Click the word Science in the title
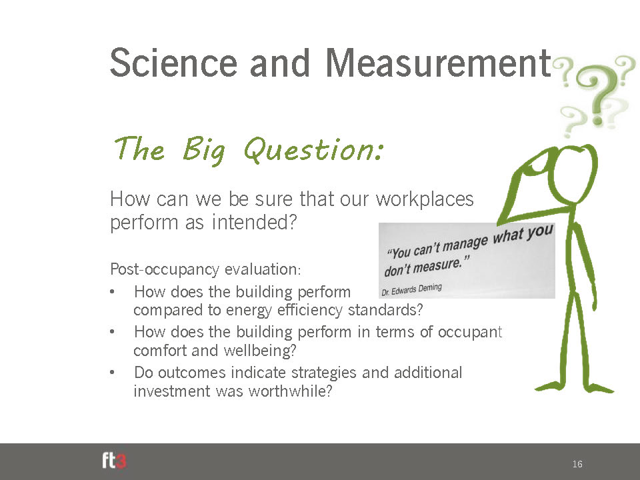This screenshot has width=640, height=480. (173, 63)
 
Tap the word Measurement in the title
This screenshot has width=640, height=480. (439, 63)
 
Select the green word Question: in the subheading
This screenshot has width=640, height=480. (313, 149)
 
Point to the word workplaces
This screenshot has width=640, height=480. (425, 199)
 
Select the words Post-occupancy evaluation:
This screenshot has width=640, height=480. (205, 270)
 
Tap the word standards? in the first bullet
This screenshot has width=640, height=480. (385, 310)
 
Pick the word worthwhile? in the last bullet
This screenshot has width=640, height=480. (290, 391)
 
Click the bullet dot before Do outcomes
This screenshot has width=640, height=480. (112, 372)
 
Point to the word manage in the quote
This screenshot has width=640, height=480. (465, 244)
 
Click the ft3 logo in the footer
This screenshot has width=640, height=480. (114, 461)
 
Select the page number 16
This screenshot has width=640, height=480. (577, 464)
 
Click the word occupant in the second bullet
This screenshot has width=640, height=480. (470, 333)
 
